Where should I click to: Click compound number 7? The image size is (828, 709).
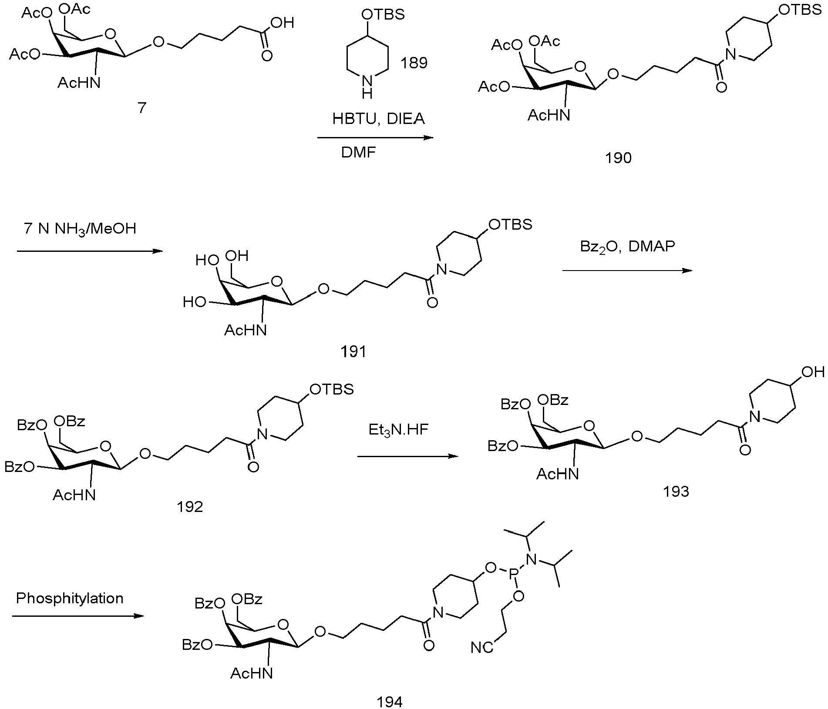pyautogui.click(x=142, y=108)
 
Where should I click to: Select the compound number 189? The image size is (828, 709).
pyautogui.click(x=414, y=63)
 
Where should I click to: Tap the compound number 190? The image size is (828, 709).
pyautogui.click(x=618, y=157)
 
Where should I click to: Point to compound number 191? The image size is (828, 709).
pyautogui.click(x=353, y=351)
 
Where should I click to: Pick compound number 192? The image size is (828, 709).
pyautogui.click(x=190, y=507)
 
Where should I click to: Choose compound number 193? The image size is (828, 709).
pyautogui.click(x=676, y=491)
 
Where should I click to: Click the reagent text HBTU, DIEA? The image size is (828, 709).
pyautogui.click(x=378, y=118)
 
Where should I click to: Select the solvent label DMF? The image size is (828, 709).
pyautogui.click(x=358, y=153)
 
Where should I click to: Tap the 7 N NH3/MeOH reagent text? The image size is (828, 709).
pyautogui.click(x=80, y=228)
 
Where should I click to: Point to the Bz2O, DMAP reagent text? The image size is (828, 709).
pyautogui.click(x=627, y=247)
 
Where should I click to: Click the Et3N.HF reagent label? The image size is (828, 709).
pyautogui.click(x=398, y=430)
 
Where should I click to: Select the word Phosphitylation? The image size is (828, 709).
pyautogui.click(x=70, y=599)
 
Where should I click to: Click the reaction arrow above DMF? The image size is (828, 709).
pyautogui.click(x=376, y=138)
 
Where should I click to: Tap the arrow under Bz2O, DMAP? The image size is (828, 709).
pyautogui.click(x=627, y=271)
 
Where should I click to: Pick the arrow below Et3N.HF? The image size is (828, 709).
pyautogui.click(x=408, y=456)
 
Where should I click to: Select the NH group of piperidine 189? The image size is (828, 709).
pyautogui.click(x=367, y=86)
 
